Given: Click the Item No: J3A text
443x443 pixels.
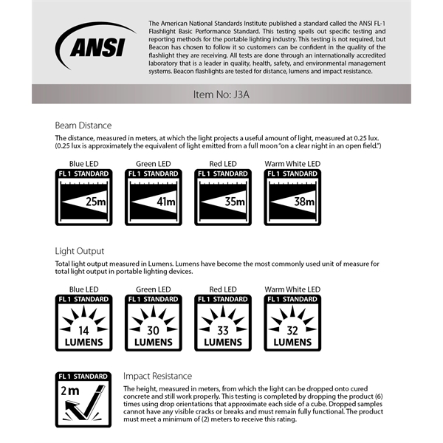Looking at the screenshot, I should [x=221, y=95].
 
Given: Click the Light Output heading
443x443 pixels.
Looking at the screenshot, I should [x=80, y=251].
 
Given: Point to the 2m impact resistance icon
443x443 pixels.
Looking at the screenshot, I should [x=84, y=399].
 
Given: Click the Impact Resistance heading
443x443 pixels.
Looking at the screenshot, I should [x=157, y=376].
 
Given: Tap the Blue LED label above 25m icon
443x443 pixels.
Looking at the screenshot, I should [x=84, y=163].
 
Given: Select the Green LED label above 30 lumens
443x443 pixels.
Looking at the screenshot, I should [x=154, y=289].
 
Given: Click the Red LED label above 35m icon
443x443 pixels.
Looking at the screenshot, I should [x=223, y=163].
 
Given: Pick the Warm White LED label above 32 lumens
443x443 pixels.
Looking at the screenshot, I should [x=292, y=289].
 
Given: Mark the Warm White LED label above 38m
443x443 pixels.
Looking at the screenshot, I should [x=292, y=163].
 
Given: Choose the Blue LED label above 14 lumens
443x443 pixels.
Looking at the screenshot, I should [x=84, y=289].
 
